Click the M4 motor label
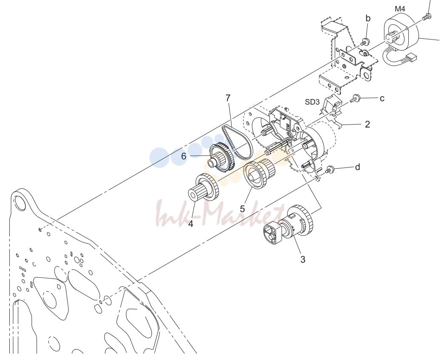coord(400,9)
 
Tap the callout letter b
coord(368,18)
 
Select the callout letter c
coord(382,98)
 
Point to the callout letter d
coord(357,167)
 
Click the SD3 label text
coord(312,102)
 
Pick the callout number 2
coord(367,124)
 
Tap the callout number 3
coord(303,259)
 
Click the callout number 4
coord(191,224)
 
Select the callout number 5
coord(242,209)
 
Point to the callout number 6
coord(183,156)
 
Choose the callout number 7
coord(228,98)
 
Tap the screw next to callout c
coord(355,99)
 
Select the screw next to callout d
coord(330,170)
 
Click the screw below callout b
coord(365,42)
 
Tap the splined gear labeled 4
coord(203,187)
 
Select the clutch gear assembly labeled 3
coord(288,224)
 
